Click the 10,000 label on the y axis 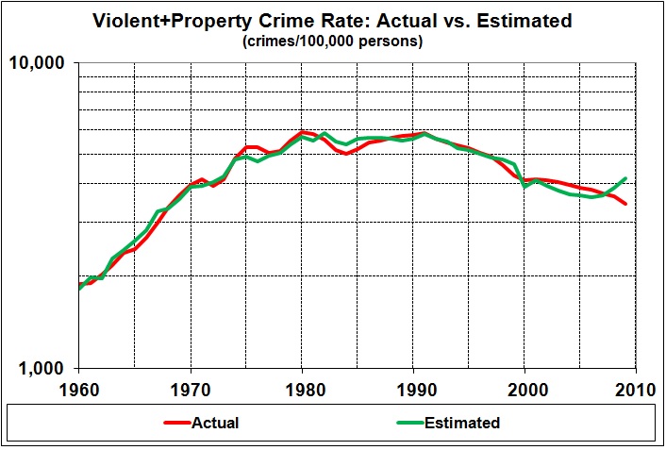(x=39, y=63)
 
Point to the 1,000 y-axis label (x=42, y=369)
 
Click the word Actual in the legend (x=214, y=424)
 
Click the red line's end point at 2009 (x=624, y=204)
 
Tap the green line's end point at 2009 (x=624, y=178)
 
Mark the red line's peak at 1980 (x=302, y=132)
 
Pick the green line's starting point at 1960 (x=79, y=288)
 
